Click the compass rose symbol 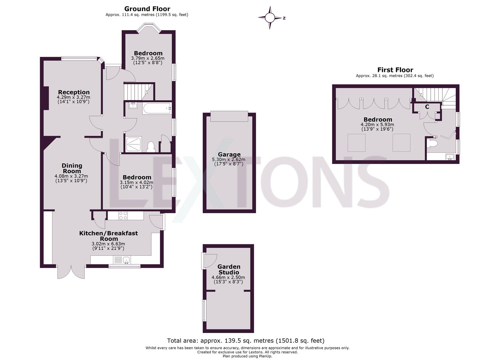pos(270,18)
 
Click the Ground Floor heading pos(147,9)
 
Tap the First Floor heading pos(395,70)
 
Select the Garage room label pos(229,154)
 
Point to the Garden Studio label pos(229,269)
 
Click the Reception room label pos(74,92)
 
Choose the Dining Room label pos(72,168)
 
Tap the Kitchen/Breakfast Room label pos(108,236)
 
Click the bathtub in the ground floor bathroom pos(157,108)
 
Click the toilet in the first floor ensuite pos(432,144)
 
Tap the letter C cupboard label pos(427,107)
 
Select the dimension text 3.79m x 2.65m pos(148,58)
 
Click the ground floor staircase pos(138,91)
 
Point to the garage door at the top pos(229,117)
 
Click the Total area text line pos(246,341)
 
